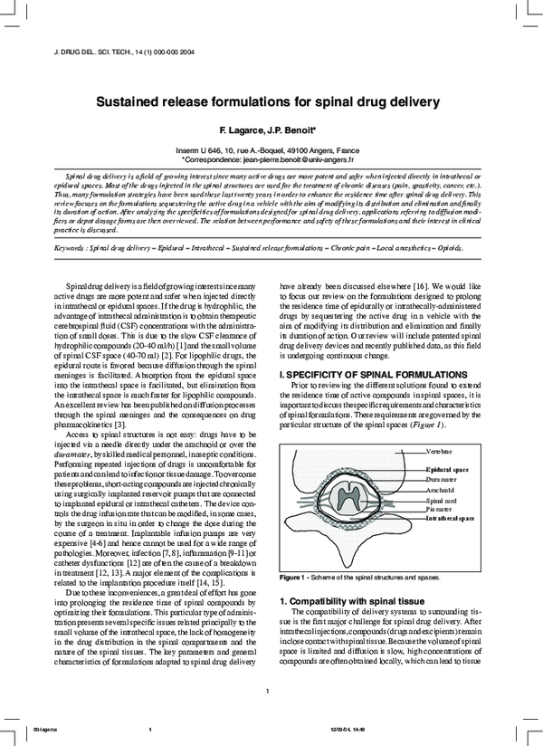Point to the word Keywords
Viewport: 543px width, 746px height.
click(74, 246)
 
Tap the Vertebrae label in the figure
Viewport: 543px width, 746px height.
click(440, 449)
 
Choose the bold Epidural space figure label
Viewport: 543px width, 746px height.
click(447, 470)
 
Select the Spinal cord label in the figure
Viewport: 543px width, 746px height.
click(442, 500)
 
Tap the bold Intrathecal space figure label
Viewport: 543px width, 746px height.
click(451, 518)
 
